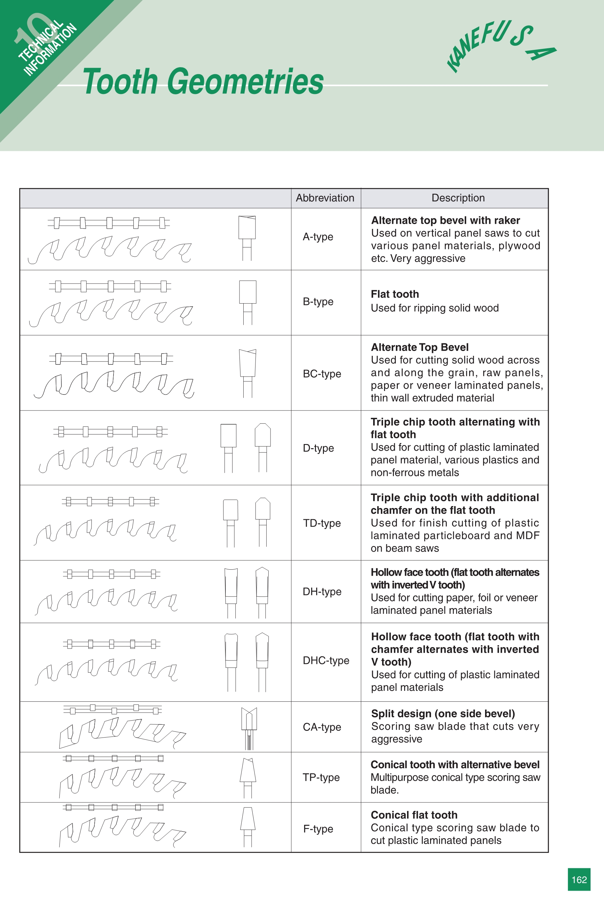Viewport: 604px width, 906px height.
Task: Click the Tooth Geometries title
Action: [x=203, y=81]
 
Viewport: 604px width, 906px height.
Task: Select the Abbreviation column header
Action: [x=325, y=198]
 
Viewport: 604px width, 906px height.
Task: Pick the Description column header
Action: [x=458, y=198]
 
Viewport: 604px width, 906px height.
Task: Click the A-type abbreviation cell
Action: [x=318, y=237]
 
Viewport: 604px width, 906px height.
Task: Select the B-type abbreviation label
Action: [x=318, y=301]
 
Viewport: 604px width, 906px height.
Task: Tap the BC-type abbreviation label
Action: [x=322, y=373]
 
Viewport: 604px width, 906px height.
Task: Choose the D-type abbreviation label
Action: [x=318, y=448]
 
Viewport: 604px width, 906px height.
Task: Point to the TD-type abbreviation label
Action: [x=322, y=523]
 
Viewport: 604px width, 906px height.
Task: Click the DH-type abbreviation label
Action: [x=322, y=591]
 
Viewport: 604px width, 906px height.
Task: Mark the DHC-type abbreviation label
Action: [x=326, y=660]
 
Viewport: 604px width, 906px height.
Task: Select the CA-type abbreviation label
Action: [x=322, y=727]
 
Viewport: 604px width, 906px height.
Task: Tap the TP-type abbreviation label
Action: [x=321, y=777]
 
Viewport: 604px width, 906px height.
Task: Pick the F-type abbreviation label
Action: [x=318, y=829]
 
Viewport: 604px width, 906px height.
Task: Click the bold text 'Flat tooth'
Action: [x=395, y=294]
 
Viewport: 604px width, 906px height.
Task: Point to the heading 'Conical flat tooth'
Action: [x=414, y=815]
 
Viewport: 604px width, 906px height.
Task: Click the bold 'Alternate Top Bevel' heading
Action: [x=420, y=347]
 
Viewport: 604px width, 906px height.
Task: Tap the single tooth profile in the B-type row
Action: [x=248, y=302]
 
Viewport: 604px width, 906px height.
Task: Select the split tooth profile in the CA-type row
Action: [x=249, y=728]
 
